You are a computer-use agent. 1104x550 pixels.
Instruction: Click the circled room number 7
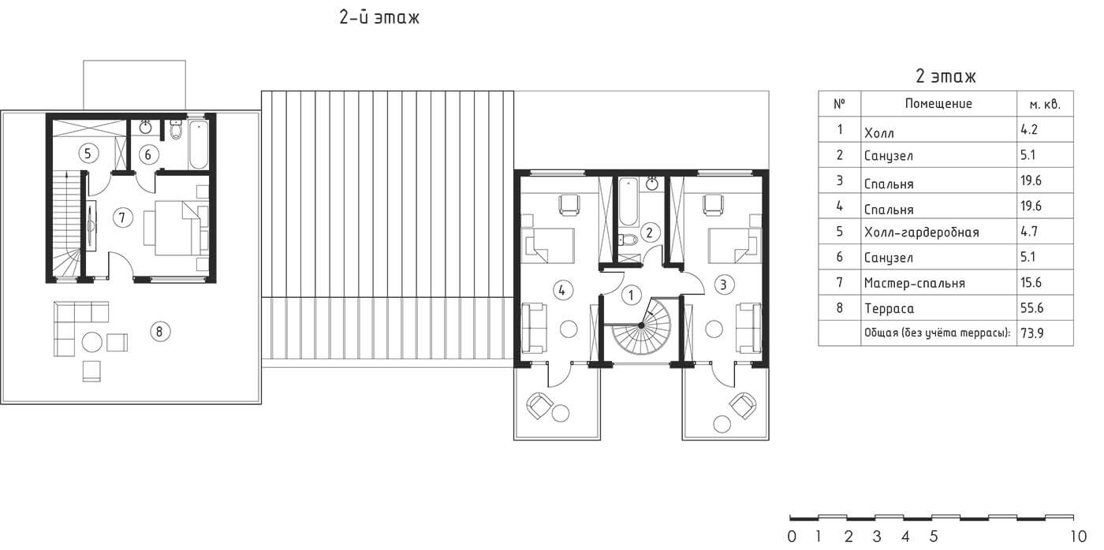click(x=122, y=217)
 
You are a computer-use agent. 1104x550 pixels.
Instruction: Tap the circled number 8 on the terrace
click(x=160, y=332)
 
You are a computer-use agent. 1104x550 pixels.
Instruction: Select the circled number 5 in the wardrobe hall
click(x=88, y=154)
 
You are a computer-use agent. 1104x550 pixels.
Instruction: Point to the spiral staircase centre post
click(x=640, y=325)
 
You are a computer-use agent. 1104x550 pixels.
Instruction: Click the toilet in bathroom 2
click(x=627, y=240)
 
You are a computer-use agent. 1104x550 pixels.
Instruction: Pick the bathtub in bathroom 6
click(x=199, y=144)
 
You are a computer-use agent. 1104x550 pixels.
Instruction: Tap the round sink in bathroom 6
click(x=145, y=128)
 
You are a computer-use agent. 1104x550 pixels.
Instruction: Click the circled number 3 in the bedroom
click(x=724, y=284)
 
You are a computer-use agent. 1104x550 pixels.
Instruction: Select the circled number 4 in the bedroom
click(x=562, y=290)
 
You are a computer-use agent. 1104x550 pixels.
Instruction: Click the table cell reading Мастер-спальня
click(x=914, y=283)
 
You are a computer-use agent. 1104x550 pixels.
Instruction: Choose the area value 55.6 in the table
click(x=1031, y=308)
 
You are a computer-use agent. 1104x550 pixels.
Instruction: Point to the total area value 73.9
click(x=1032, y=333)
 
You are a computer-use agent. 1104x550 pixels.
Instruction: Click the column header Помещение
click(x=938, y=103)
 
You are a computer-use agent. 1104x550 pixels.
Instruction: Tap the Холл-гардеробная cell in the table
click(x=921, y=232)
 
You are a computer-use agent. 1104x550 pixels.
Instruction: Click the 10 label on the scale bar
click(x=1079, y=537)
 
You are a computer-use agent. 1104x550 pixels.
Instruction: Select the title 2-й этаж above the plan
click(x=379, y=17)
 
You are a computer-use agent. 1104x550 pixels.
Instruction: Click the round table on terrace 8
click(x=92, y=342)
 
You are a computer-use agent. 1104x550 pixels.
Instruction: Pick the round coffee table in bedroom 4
click(x=569, y=329)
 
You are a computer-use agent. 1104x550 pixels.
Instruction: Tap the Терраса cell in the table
click(x=890, y=309)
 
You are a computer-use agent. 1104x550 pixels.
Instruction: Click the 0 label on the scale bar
click(x=792, y=537)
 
